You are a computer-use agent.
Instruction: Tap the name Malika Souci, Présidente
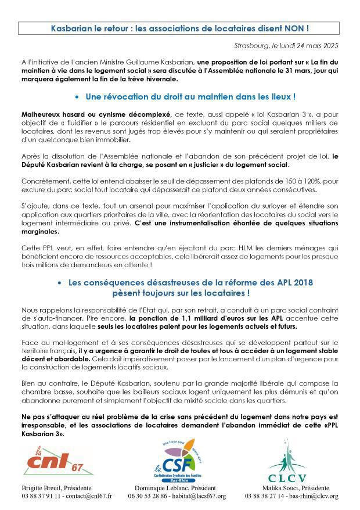(x=300, y=488)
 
